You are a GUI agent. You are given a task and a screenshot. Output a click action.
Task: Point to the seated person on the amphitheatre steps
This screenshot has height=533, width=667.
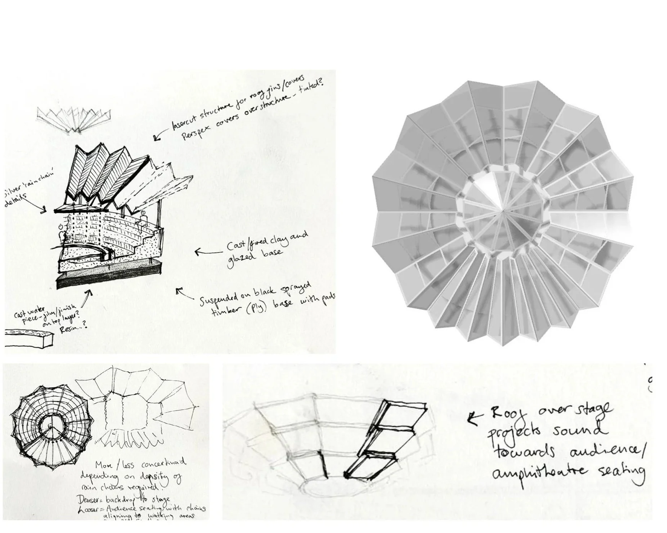click(x=144, y=219)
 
